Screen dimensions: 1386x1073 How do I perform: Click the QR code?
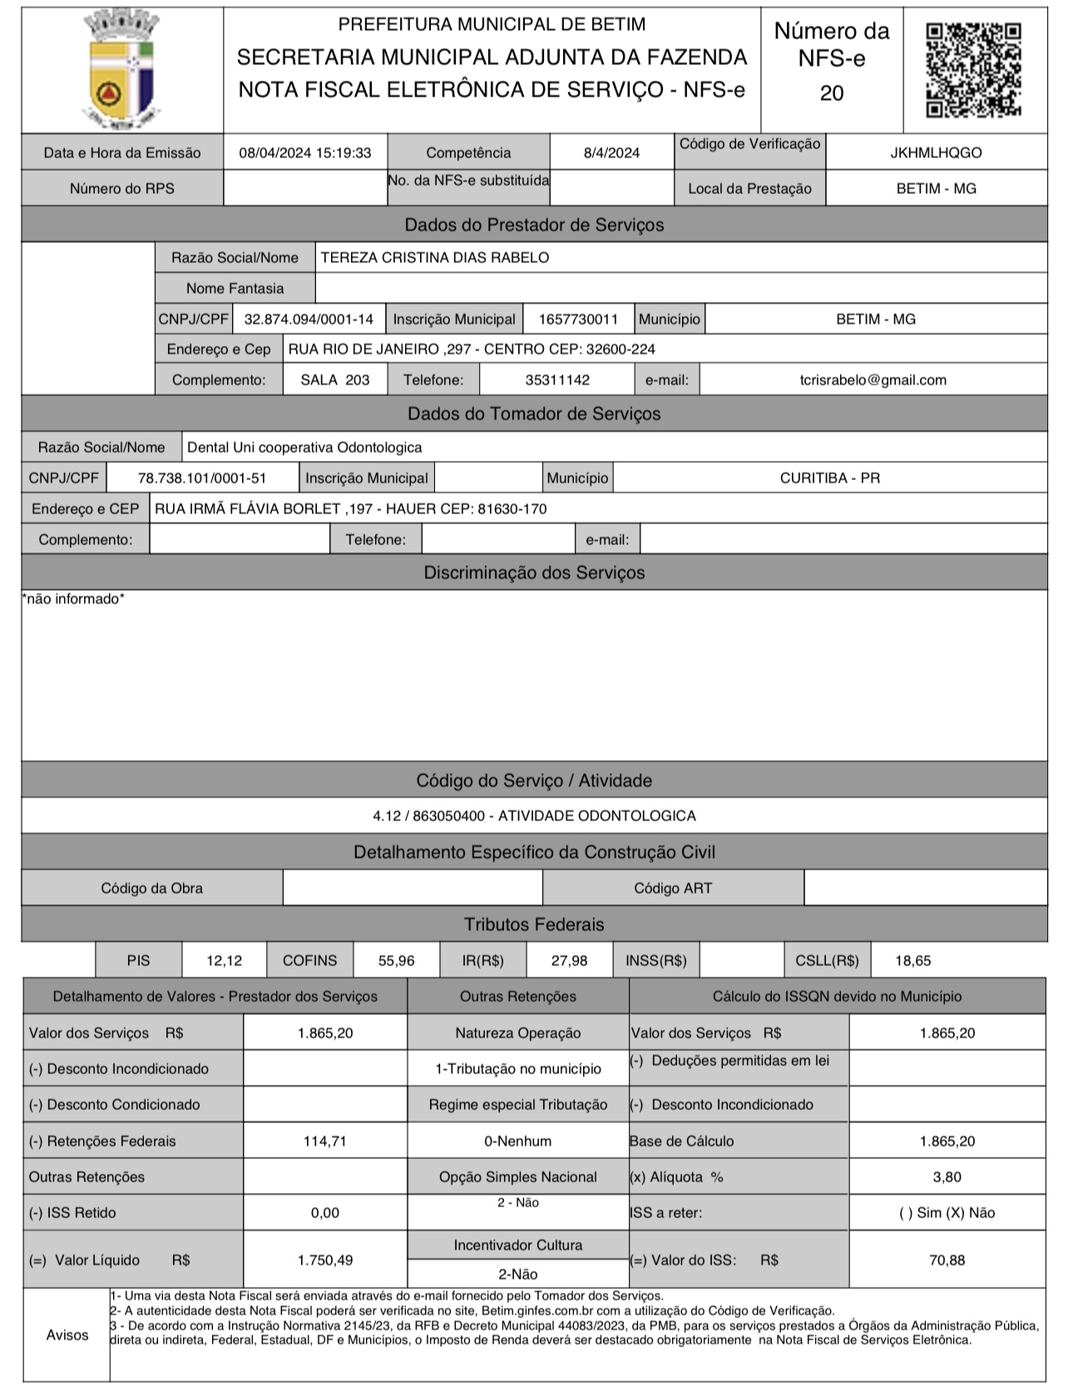click(973, 70)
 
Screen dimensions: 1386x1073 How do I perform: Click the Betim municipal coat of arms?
click(121, 70)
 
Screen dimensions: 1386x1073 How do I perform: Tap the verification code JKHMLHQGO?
click(936, 153)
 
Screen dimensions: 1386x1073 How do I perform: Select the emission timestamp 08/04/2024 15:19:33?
click(304, 153)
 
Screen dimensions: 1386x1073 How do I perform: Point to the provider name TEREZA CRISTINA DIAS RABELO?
click(434, 258)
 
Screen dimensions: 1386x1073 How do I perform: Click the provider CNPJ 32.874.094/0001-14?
click(309, 319)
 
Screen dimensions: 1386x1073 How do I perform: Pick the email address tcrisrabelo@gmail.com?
click(873, 380)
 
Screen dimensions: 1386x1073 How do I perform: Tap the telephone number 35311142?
click(557, 380)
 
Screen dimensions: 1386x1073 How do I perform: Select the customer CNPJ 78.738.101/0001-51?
click(202, 478)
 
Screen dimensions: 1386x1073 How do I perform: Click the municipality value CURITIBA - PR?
click(829, 478)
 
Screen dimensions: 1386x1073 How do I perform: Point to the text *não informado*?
click(73, 599)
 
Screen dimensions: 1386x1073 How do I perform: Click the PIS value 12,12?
click(224, 961)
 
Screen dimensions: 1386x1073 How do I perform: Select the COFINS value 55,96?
click(396, 961)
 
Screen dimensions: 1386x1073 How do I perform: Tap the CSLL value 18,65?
click(912, 961)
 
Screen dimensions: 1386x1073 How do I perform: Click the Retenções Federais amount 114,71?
click(324, 1141)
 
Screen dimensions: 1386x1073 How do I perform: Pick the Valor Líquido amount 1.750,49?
click(324, 1260)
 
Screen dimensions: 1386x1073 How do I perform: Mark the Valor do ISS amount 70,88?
click(947, 1260)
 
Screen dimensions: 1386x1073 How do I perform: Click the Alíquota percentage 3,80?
click(947, 1177)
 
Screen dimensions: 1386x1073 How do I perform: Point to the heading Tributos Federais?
click(534, 924)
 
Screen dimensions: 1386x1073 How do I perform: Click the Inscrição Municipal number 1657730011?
click(578, 319)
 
